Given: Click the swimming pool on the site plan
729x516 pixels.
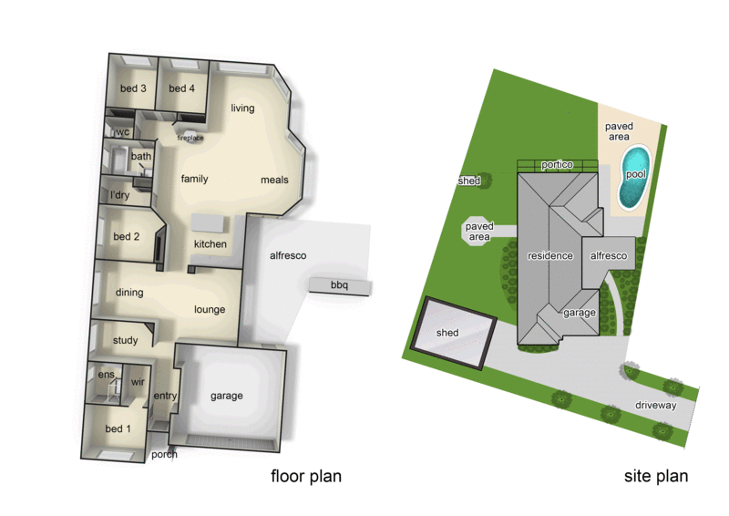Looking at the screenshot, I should (x=633, y=175).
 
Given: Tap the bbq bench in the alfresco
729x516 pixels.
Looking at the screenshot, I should (x=340, y=286).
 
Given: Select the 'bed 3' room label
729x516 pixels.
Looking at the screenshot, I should (x=133, y=88).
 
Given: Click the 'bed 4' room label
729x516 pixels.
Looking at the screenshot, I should (x=181, y=88).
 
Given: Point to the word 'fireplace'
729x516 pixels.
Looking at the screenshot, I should (x=190, y=139).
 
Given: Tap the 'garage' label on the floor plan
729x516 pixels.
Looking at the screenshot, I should (x=227, y=396).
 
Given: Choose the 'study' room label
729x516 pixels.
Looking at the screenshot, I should (x=126, y=341).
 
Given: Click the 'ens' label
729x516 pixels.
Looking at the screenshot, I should (x=106, y=375).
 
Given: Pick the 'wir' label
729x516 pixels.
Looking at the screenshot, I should (x=139, y=383).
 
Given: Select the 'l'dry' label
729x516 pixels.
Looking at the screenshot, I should (x=119, y=195).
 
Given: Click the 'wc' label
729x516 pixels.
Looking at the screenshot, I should (x=122, y=132).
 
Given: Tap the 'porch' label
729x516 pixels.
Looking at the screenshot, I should (x=164, y=454).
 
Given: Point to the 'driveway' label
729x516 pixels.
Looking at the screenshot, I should (x=656, y=405).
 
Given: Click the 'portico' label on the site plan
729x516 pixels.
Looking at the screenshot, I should (x=557, y=165).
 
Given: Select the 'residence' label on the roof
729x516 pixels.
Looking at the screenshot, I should (x=550, y=256).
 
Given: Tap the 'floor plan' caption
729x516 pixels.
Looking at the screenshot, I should (x=305, y=476).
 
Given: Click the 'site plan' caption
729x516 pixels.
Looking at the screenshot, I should (x=655, y=476).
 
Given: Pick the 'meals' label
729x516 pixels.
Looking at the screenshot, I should (x=274, y=180).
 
